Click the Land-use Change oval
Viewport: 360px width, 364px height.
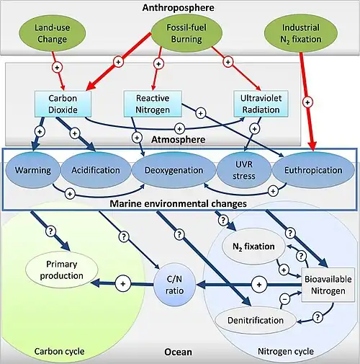(x=52, y=33)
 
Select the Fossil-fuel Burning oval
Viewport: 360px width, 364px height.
(x=186, y=33)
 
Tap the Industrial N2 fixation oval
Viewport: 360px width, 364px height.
(x=301, y=33)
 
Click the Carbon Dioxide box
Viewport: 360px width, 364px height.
(x=63, y=104)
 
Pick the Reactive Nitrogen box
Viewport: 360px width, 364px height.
(x=153, y=104)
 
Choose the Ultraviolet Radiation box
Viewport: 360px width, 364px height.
(x=261, y=104)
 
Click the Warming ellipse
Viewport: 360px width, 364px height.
(x=32, y=170)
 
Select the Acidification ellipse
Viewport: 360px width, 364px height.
(x=96, y=170)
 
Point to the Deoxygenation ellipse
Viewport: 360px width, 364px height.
(x=174, y=170)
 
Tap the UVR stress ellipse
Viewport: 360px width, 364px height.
(x=244, y=170)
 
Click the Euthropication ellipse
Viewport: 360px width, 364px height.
(x=313, y=170)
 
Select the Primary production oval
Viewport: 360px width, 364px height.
(x=62, y=270)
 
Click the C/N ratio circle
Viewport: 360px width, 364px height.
(x=174, y=285)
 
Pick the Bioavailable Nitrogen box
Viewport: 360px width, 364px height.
(x=328, y=285)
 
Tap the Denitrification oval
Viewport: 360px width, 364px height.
(x=256, y=320)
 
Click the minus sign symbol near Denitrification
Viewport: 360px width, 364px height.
(x=285, y=299)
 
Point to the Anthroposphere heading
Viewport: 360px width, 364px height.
(x=178, y=7)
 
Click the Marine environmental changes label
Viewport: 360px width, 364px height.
(x=178, y=204)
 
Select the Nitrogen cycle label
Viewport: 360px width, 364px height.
(x=286, y=352)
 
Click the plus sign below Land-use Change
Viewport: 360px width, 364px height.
(x=57, y=68)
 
